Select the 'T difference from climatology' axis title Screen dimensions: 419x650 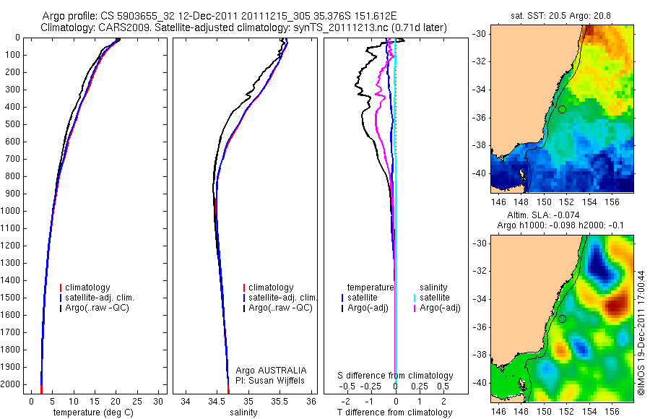pos(395,412)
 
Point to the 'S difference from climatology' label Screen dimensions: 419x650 pos(395,376)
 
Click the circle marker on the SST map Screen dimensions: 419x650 pos(561,109)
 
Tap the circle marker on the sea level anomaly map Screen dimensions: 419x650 pos(561,319)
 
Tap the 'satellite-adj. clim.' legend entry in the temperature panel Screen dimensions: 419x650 pos(100,298)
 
